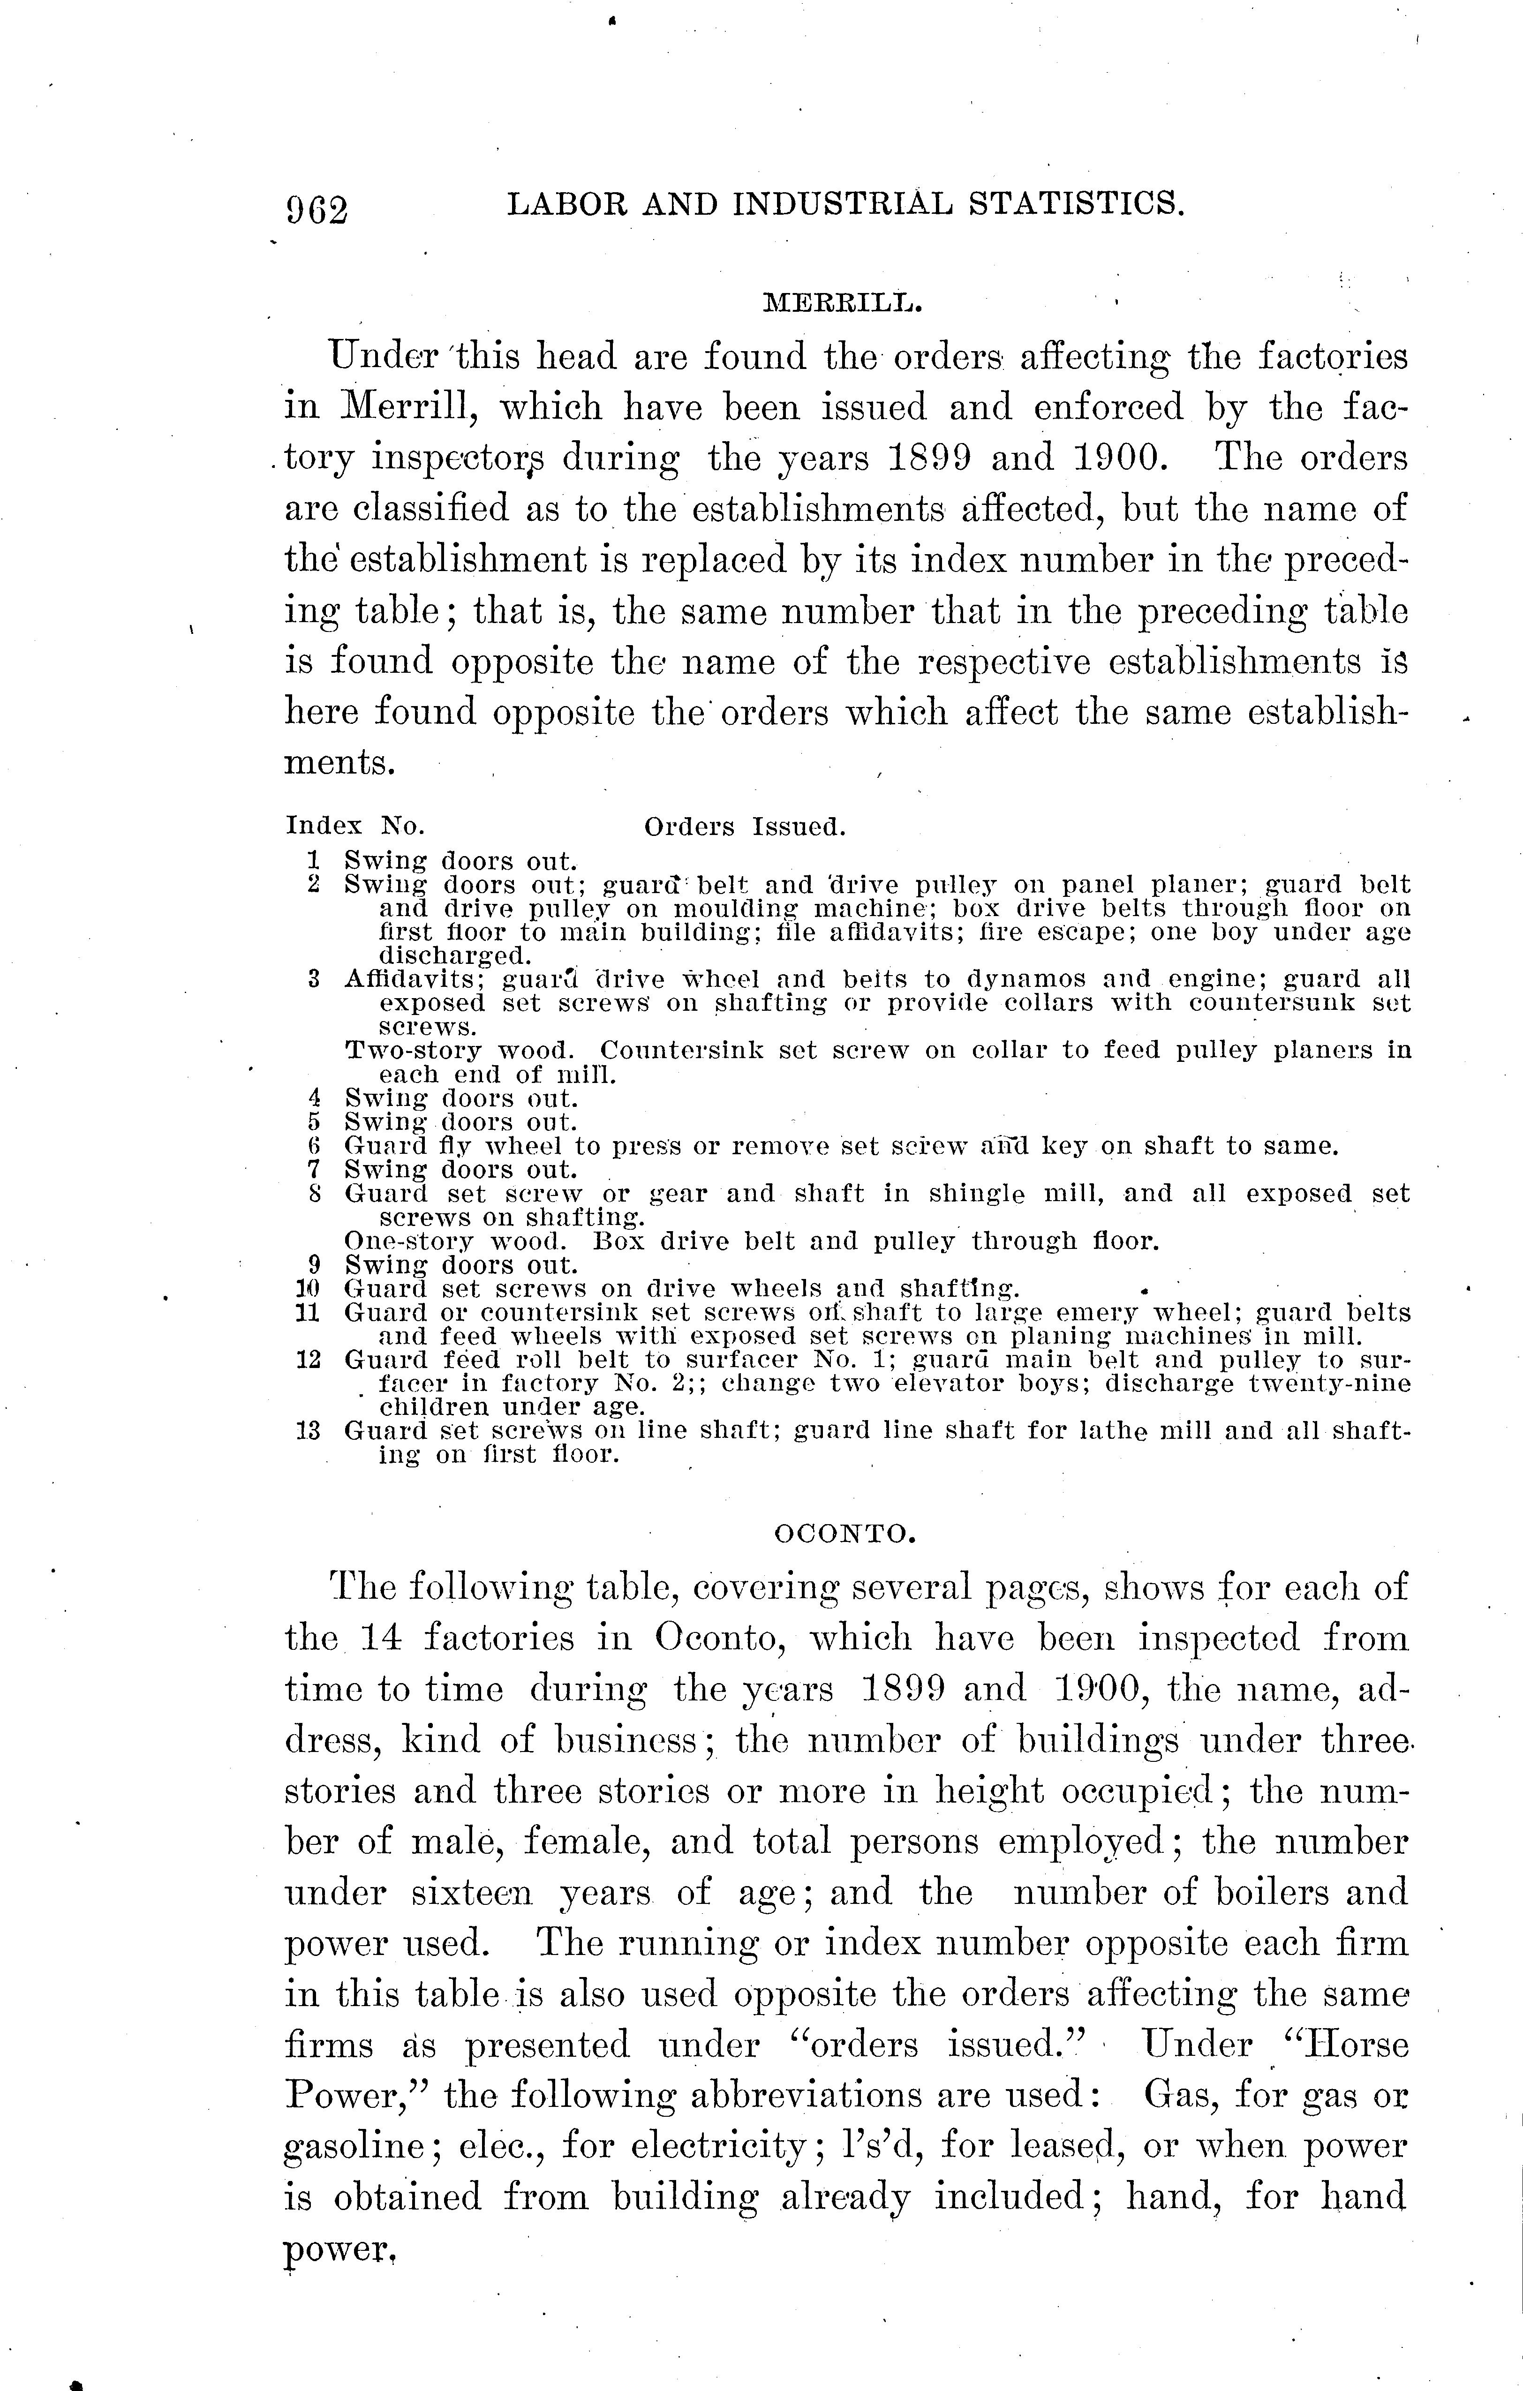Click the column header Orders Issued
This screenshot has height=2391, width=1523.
click(x=744, y=826)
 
